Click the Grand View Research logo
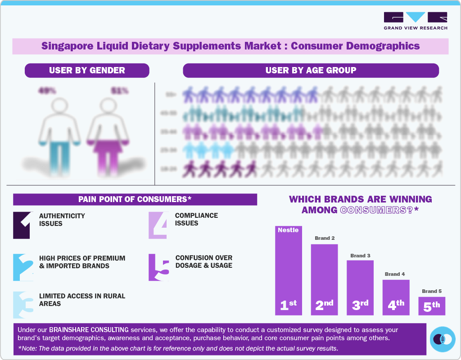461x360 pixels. [415, 20]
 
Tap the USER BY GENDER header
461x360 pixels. [87, 70]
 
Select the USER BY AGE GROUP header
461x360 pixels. [311, 70]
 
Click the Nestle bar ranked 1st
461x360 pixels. [288, 270]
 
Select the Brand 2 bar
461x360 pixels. [324, 279]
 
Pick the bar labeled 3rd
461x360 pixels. [360, 288]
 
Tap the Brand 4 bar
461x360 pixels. [396, 297]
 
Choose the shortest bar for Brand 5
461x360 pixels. [432, 306]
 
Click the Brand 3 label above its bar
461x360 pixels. [360, 256]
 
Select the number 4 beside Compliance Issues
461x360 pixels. [158, 225]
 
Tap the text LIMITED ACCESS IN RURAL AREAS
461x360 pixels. [82, 300]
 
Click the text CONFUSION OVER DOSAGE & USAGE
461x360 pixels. [203, 261]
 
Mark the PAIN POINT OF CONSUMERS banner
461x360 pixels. [135, 199]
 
